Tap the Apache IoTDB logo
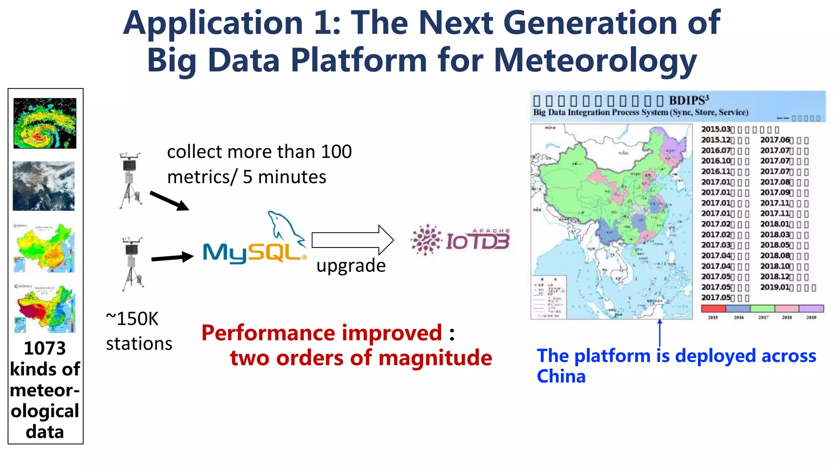[x=460, y=240]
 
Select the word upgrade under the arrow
[x=351, y=265]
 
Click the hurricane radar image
[x=45, y=123]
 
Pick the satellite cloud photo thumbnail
[x=44, y=186]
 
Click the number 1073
[x=45, y=348]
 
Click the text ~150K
[x=132, y=319]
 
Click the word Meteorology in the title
[x=595, y=60]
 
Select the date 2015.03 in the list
[x=715, y=129]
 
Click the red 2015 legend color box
[x=713, y=309]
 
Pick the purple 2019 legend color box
[x=811, y=309]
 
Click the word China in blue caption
[x=561, y=376]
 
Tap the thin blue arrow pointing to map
[x=660, y=333]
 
